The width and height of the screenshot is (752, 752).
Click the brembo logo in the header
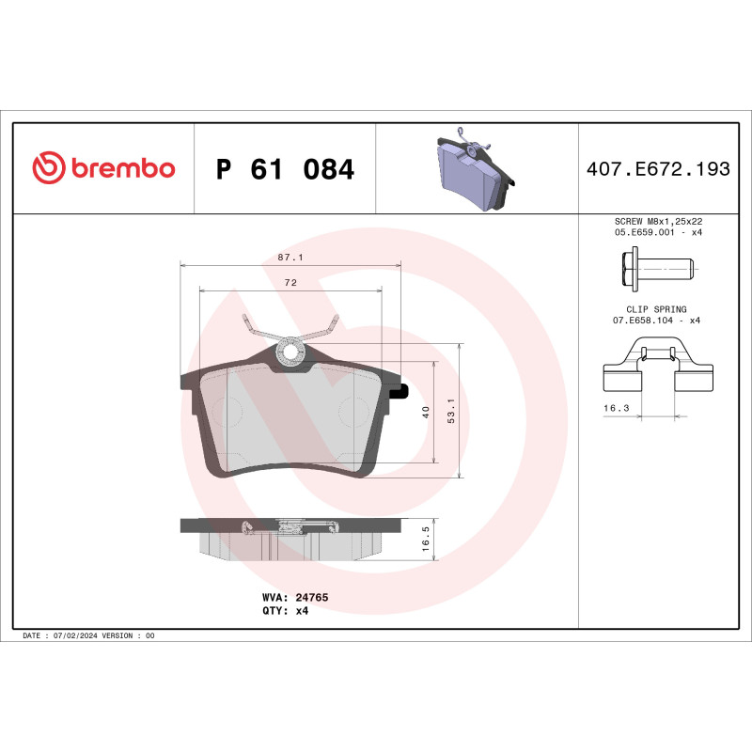click(103, 168)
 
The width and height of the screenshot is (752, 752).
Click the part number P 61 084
click(285, 169)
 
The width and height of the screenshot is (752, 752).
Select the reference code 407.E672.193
click(657, 169)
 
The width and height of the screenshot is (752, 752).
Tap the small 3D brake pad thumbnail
click(476, 171)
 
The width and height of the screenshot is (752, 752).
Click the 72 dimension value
click(290, 283)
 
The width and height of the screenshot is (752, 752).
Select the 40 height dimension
click(425, 412)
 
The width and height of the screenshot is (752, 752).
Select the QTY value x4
click(302, 610)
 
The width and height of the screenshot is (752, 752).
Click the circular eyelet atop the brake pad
click(290, 352)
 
